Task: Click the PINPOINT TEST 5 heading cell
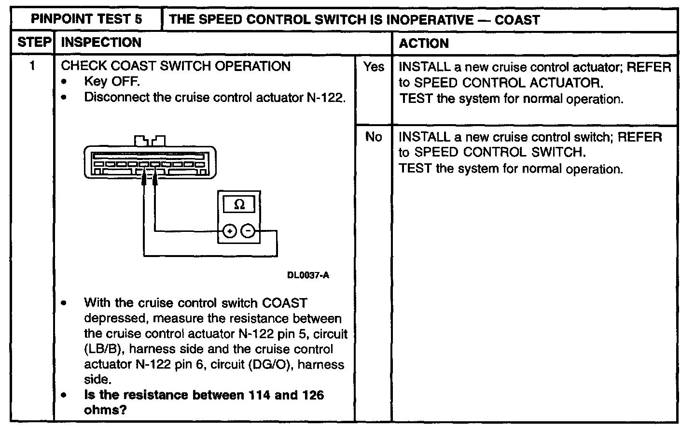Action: click(86, 20)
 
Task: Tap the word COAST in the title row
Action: click(516, 20)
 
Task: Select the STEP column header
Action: click(34, 43)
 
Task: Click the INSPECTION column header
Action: click(101, 43)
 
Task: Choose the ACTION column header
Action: click(424, 43)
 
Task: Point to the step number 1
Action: click(33, 66)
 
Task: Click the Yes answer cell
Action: click(374, 67)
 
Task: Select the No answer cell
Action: click(374, 137)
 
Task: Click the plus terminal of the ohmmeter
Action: click(230, 232)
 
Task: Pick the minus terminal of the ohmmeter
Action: click(248, 232)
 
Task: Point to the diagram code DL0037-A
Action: click(308, 275)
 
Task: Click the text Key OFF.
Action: click(112, 81)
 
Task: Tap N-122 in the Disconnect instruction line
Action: click(326, 97)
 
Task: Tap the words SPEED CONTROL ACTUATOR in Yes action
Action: click(508, 83)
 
